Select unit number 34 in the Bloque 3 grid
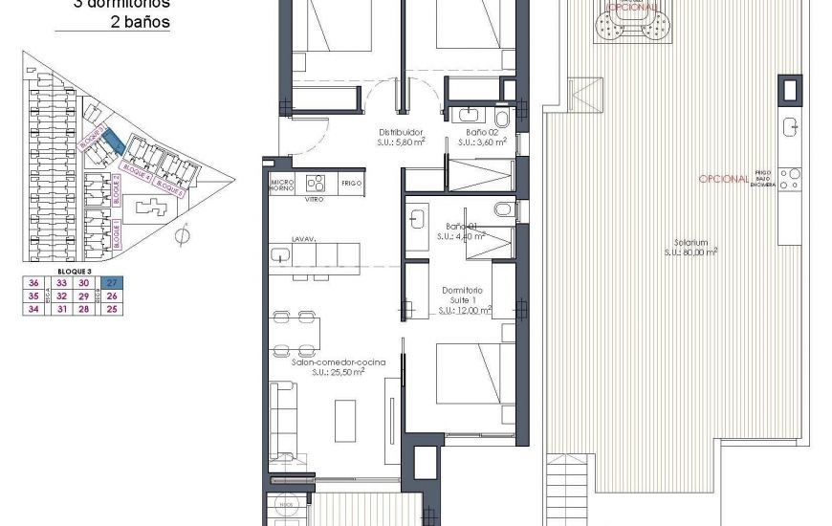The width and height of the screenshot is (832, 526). (34, 308)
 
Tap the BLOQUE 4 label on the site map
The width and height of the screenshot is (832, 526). (136, 176)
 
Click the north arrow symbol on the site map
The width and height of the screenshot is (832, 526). (184, 232)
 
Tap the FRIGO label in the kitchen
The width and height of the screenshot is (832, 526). (350, 182)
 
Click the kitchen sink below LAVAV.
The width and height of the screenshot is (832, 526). (280, 255)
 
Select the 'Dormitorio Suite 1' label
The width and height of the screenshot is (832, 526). (463, 298)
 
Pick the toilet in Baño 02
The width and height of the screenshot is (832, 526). (505, 120)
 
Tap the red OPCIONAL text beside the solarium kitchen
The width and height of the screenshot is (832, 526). (723, 179)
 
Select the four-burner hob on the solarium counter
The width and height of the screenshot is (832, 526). (789, 178)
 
